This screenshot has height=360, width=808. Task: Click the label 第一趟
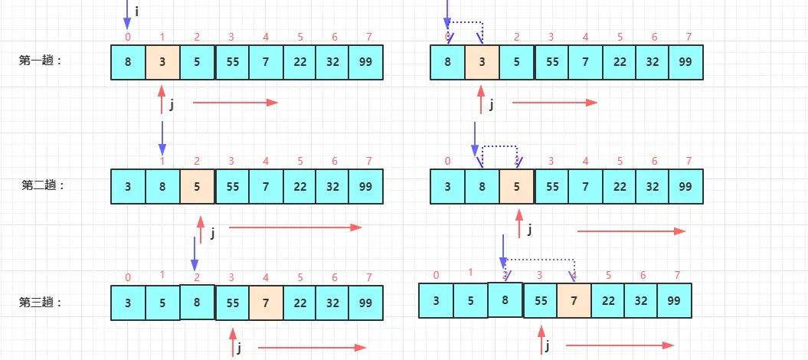tap(40, 61)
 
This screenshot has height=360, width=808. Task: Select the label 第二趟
tap(43, 185)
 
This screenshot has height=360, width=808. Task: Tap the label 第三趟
tap(40, 302)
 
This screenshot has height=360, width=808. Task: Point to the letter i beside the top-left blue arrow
tap(136, 11)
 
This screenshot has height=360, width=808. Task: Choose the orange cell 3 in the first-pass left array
tap(162, 62)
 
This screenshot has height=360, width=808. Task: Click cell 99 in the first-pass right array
tap(685, 62)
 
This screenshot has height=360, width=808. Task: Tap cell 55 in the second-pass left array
tap(232, 186)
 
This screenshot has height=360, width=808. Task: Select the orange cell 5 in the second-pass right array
tap(516, 186)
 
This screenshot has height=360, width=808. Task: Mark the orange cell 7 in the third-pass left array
tap(265, 303)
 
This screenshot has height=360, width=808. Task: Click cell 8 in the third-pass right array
tap(505, 300)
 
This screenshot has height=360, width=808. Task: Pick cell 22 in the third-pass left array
tap(300, 303)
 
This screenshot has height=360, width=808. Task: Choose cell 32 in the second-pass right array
tap(652, 186)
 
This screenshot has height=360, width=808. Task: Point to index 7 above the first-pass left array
tap(368, 37)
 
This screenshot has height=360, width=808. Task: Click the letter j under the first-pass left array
tap(172, 106)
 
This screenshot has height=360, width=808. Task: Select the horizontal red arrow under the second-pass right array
tap(631, 231)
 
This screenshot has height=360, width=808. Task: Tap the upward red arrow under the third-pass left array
tap(232, 342)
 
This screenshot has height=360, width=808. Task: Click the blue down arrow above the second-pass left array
tap(162, 136)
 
